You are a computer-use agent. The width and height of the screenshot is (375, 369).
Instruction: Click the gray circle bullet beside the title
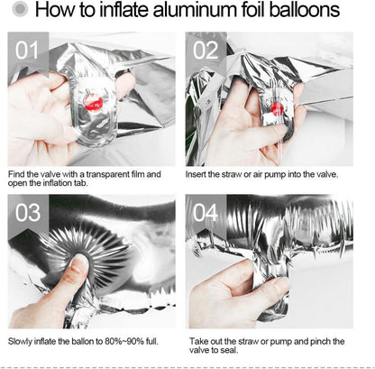20,10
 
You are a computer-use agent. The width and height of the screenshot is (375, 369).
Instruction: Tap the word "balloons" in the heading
304,10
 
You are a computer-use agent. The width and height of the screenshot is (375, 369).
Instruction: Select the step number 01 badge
27,50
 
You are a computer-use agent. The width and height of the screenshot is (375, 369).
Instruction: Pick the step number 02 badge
206,50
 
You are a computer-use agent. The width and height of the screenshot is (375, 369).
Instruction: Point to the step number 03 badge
28,213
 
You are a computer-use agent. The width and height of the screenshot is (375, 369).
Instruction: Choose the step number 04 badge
206,213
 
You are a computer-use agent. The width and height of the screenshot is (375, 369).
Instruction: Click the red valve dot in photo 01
94,102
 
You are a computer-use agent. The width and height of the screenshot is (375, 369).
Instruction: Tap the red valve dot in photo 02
277,108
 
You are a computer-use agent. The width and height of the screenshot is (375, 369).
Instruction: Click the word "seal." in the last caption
229,350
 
